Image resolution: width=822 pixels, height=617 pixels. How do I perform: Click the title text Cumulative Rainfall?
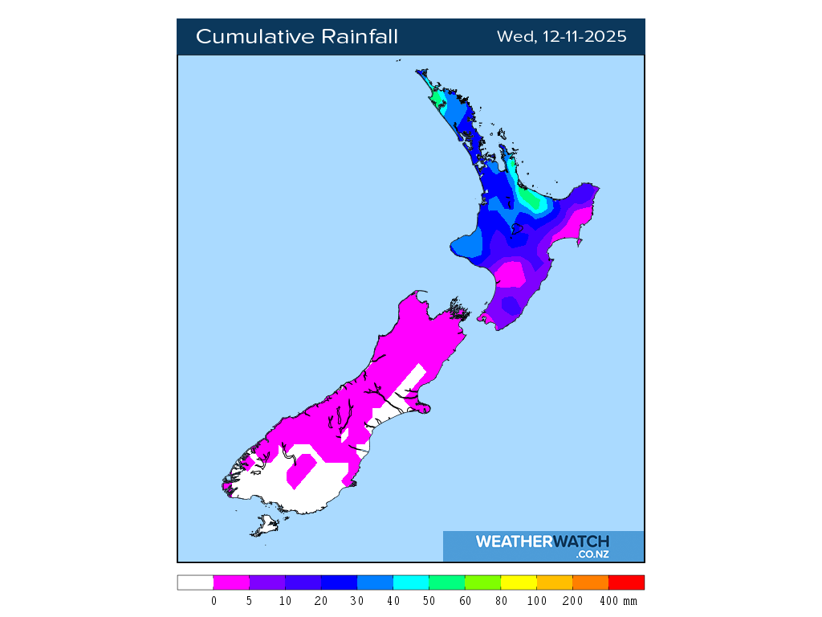pos(297,37)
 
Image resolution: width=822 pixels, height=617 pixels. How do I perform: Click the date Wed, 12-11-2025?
pos(561,37)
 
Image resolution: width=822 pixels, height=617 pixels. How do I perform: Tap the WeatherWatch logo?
pos(543,541)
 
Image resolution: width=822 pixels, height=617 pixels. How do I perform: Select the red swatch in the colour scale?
pos(626,582)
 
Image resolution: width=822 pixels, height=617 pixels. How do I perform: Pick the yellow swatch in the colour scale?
pos(519,582)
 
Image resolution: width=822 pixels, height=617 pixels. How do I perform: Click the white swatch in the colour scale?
pos(195,582)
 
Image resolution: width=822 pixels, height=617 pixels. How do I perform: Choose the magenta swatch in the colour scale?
pos(231,582)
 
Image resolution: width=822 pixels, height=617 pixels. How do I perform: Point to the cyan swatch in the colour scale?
pos(411,582)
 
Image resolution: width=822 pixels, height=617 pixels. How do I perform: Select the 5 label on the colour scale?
pos(250,601)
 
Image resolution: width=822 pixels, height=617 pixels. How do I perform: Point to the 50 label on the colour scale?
pos(429,601)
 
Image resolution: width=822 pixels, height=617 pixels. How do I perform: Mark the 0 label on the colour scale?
pos(214,601)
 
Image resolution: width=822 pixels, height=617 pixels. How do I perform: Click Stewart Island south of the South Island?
pos(265,527)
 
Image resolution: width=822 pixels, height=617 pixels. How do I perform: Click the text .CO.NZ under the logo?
pos(592,554)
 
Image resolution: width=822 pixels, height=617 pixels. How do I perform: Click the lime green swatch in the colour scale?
pos(482,582)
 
